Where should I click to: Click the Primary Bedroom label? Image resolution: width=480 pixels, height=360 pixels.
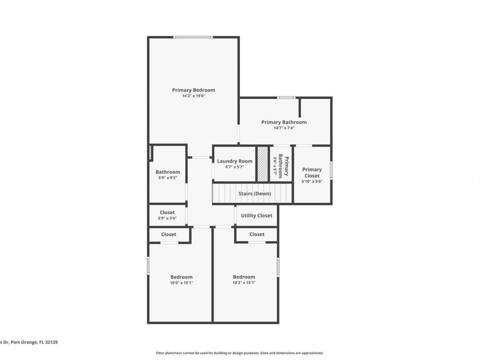tap(193, 90)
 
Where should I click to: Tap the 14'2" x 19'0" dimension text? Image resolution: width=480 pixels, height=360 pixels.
tap(193, 96)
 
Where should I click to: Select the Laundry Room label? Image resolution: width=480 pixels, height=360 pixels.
tap(235, 161)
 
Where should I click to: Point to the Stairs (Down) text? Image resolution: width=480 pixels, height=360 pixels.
tap(254, 193)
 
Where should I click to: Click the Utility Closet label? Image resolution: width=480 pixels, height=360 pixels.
tap(257, 215)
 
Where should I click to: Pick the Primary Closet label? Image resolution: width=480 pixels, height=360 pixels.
tap(312, 172)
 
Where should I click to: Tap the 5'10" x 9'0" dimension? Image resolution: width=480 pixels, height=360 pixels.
tap(312, 181)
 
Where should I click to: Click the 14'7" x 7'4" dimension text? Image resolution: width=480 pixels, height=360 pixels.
tap(284, 128)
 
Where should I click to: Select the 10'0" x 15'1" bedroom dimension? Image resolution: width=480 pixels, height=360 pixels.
tap(181, 283)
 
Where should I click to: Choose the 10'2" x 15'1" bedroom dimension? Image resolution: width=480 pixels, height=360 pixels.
tap(244, 283)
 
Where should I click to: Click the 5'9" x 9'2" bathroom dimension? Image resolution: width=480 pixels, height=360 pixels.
tap(167, 178)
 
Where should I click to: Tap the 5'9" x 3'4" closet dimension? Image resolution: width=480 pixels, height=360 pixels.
tap(167, 218)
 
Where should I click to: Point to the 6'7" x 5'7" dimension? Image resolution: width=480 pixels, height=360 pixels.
tap(235, 167)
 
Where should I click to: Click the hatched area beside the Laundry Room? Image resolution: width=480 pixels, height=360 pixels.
tap(262, 164)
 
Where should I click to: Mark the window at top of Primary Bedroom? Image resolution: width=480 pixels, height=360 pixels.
tap(193, 37)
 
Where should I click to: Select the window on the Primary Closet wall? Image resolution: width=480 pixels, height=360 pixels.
tap(331, 170)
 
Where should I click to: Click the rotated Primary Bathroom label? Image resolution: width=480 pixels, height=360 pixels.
tap(284, 166)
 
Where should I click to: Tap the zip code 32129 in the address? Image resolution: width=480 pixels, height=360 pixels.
tap(50, 342)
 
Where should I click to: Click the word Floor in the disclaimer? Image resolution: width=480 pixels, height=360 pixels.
tap(159, 353)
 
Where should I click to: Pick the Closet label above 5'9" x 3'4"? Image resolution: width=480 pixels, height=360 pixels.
tap(167, 212)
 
